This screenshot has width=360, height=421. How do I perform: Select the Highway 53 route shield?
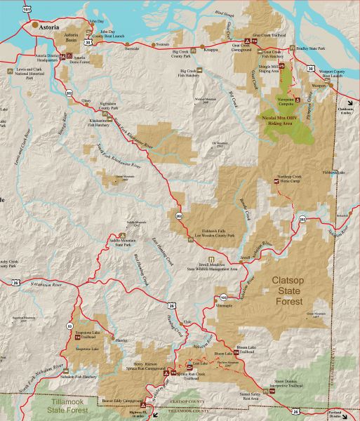69,326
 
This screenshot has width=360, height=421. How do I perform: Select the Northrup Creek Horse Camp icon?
276,181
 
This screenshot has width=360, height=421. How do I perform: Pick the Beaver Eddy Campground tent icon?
143,405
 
